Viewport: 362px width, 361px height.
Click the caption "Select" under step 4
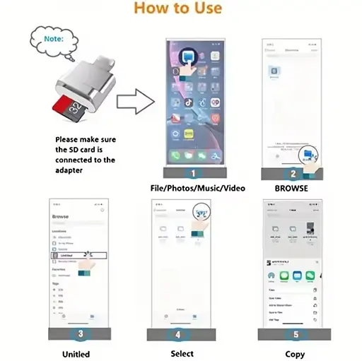(182, 353)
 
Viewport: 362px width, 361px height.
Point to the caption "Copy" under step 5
(295, 353)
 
